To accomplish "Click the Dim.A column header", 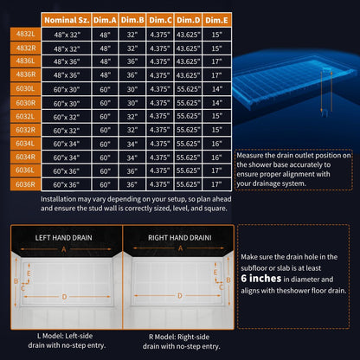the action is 105,20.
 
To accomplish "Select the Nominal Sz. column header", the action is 67,20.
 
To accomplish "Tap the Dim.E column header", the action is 216,20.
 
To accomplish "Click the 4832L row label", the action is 25,34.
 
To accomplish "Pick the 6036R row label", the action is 25,184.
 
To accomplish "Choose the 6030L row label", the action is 25,88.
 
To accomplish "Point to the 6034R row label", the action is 25,157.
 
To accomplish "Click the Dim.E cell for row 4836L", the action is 216,61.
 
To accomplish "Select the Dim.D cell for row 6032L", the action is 188,116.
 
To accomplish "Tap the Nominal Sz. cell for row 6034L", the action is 67,144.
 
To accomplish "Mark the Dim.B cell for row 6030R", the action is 132,103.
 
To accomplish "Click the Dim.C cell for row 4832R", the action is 160,48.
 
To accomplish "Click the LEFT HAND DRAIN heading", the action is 63,238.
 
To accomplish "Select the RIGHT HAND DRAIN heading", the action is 180,238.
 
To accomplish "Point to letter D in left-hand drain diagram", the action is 64,297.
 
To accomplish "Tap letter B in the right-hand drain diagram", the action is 228,280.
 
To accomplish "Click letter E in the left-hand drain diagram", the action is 29,273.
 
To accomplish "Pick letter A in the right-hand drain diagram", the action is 180,248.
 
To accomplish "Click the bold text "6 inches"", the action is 261,279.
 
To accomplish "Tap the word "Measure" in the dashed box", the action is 250,156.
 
